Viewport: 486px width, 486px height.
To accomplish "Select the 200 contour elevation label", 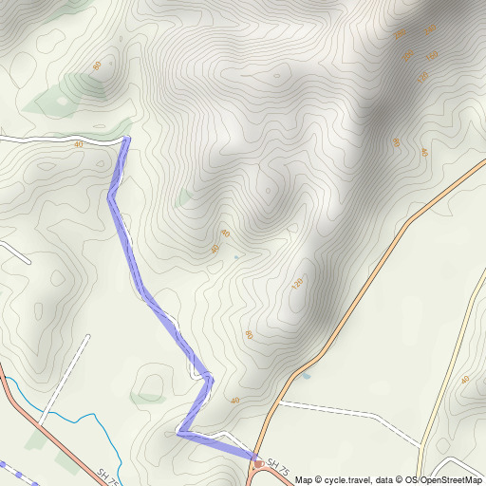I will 408,56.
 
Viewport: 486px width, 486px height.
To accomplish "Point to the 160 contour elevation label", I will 433,55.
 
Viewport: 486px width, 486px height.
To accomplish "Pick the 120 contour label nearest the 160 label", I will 422,76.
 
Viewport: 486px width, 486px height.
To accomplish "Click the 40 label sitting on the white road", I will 78,143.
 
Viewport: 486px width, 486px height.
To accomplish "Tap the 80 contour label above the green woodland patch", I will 97,65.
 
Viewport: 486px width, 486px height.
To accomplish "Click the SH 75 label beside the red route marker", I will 276,466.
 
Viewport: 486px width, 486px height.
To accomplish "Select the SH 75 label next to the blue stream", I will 106,474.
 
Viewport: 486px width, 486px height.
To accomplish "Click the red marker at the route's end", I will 258,463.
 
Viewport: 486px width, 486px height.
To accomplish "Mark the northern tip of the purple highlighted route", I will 126,140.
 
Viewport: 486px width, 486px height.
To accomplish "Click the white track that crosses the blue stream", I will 40,415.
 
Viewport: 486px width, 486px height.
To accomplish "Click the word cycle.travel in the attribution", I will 344,479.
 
